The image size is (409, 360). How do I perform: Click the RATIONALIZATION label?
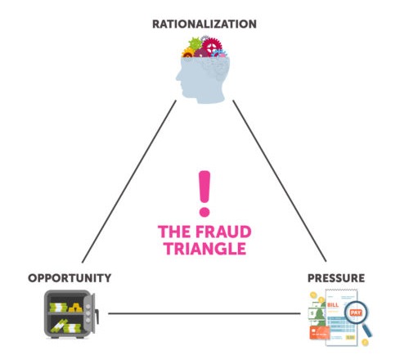[x=204, y=24]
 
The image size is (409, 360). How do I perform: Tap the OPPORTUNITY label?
[x=70, y=278]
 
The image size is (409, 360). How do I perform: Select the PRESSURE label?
[x=336, y=278]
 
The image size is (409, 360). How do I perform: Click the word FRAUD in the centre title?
[x=223, y=232]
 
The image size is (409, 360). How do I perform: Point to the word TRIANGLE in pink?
[x=205, y=249]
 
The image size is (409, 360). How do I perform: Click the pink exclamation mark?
[x=204, y=193]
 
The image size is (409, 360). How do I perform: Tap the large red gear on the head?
[x=212, y=47]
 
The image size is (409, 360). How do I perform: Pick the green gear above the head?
[x=196, y=43]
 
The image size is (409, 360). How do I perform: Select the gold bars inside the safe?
[x=75, y=308]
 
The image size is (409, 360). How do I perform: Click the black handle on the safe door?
[x=97, y=317]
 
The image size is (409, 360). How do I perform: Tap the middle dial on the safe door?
[x=88, y=313]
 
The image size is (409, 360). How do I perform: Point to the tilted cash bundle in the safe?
[x=60, y=326]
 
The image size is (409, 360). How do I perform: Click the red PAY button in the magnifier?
[x=356, y=313]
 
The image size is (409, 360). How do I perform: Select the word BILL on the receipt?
[x=333, y=304]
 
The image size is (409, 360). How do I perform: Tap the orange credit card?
[x=320, y=333]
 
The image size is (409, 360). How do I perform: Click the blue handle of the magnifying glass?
[x=366, y=330]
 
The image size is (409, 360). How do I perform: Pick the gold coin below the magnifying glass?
[x=365, y=342]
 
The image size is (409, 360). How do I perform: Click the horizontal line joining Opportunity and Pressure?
[x=204, y=313]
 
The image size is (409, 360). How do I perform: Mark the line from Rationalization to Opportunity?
[x=129, y=182]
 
